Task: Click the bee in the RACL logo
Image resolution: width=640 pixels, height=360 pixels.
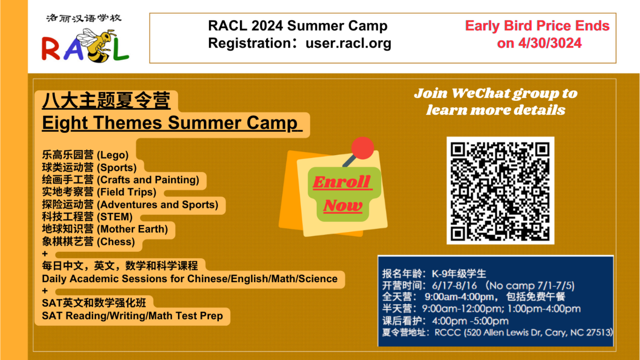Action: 95,45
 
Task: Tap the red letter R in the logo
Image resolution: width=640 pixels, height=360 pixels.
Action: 51,49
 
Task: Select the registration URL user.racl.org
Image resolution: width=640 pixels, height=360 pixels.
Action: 348,43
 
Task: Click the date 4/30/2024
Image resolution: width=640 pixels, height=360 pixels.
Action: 550,43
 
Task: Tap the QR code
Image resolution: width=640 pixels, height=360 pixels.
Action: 500,190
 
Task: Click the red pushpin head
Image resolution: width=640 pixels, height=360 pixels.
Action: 363,148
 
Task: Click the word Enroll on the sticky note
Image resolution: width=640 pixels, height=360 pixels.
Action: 342,182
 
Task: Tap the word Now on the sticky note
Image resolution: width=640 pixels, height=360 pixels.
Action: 343,205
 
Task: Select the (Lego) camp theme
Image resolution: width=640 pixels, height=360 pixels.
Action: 113,155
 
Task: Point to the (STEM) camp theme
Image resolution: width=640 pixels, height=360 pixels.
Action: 115,217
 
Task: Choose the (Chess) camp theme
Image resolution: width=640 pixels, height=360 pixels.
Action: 116,242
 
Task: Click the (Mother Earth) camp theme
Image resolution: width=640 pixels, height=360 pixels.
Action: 132,229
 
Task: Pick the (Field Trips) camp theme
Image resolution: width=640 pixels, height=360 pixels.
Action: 126,192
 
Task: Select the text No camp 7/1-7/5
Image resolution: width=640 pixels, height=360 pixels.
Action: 533,286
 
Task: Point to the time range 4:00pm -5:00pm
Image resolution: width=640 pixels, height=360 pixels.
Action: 470,321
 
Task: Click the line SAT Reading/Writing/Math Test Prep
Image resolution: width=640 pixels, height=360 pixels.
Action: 132,316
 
